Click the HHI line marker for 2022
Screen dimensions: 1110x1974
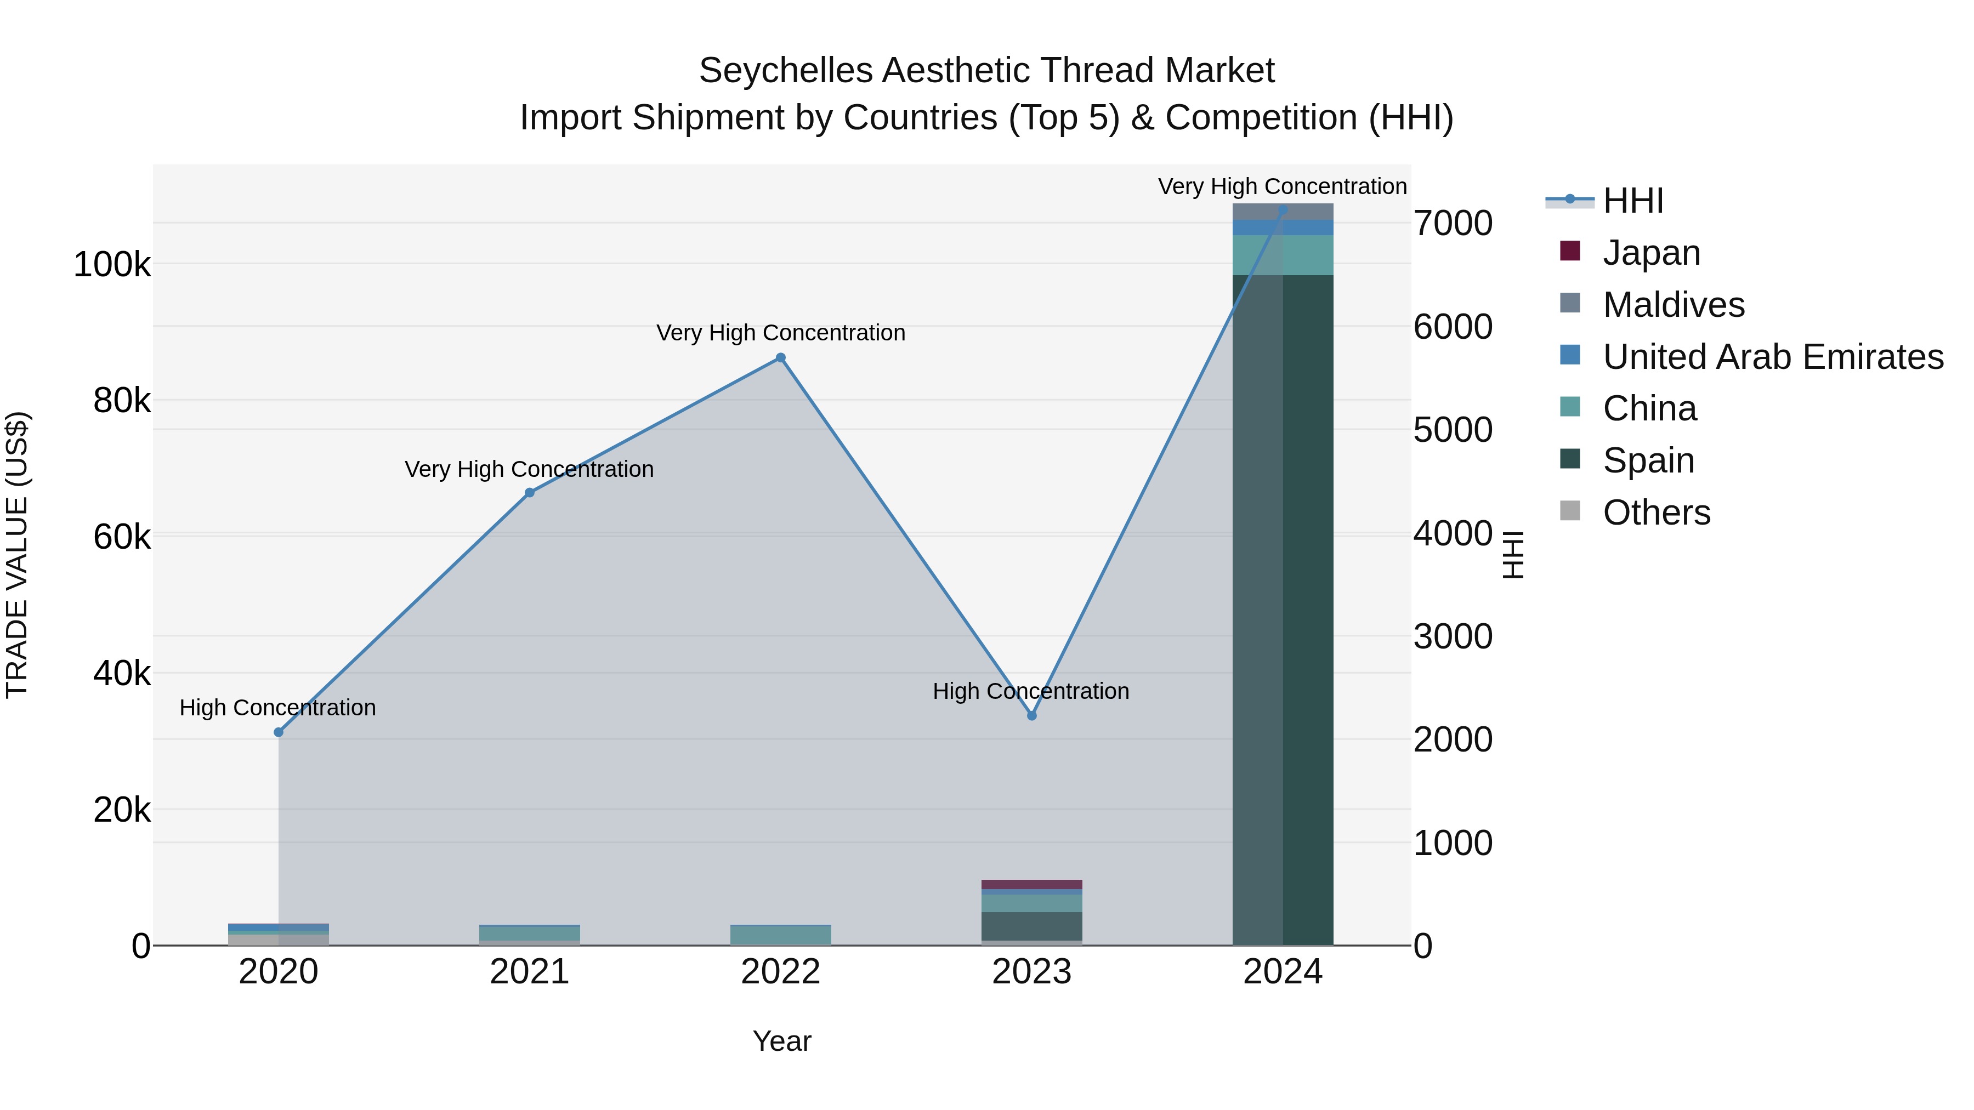point(780,358)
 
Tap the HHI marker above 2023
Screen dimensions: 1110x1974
point(1031,715)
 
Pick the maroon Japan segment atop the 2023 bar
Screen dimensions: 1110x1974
point(1031,884)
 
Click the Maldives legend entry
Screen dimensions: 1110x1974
point(1673,305)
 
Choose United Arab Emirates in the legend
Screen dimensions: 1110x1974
point(1772,357)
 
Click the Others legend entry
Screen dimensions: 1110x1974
point(1656,513)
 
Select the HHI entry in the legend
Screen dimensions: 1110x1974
point(1632,201)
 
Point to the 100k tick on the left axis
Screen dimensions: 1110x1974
point(112,265)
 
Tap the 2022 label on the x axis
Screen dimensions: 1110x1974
point(780,972)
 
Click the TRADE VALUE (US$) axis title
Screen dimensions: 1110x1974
point(17,555)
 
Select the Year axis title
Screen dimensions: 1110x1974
point(781,1041)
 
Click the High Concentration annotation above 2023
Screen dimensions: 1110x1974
point(1031,691)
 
